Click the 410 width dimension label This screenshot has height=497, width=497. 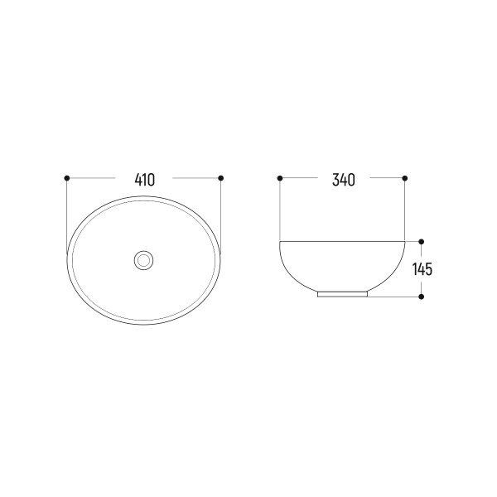coord(145,180)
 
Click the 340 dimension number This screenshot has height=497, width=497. coord(344,180)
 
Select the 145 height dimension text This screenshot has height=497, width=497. coord(422,269)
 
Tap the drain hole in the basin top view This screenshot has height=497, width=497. coord(143,260)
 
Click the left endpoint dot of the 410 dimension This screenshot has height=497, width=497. coord(66,178)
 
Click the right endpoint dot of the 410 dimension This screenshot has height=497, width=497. coord(221,178)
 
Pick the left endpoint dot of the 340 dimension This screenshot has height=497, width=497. coord(280,178)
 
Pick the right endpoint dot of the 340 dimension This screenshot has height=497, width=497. coord(404,178)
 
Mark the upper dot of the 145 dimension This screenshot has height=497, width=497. coord(422,242)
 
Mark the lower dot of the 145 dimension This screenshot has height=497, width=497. coord(422,297)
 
